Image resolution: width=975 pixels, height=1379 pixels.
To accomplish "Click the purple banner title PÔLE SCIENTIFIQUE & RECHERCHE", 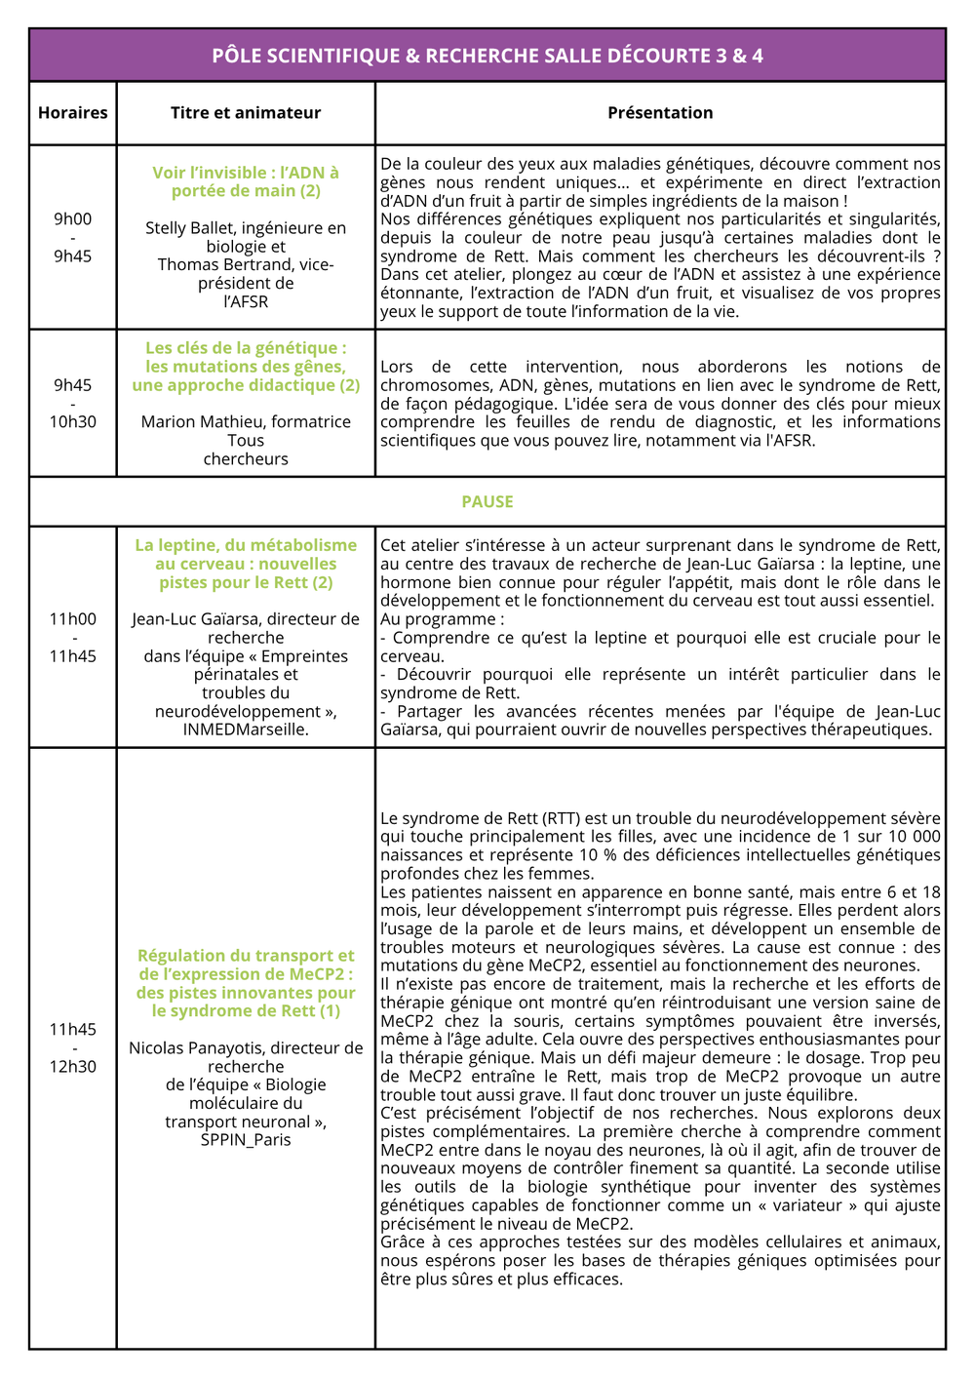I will pos(487,56).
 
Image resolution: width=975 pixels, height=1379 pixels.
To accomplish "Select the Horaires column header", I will pos(73,113).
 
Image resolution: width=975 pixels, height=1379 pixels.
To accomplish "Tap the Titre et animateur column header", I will pos(246,113).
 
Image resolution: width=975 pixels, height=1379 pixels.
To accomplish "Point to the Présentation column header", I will pos(660,113).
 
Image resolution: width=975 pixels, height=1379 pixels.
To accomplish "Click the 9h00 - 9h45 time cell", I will pos(73,237).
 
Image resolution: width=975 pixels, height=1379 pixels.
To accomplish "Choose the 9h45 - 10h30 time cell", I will pos(73,403).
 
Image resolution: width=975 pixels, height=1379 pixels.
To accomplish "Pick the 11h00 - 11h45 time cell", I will pos(73,637).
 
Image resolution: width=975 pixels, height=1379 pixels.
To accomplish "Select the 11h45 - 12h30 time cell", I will pos(73,1047).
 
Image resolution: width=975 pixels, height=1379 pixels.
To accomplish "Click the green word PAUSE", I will pos(487,501).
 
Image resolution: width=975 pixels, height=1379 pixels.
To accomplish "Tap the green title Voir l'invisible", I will pos(246,181).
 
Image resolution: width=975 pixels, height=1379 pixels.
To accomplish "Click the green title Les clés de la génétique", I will pos(246,367).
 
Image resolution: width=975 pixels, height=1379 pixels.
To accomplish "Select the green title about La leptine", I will pos(246,564).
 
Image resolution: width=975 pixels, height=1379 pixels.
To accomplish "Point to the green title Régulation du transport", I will pos(246,983).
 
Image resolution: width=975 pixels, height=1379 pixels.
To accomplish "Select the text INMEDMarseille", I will pos(246,729).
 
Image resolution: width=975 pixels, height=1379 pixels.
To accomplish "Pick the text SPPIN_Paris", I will pos(246,1140).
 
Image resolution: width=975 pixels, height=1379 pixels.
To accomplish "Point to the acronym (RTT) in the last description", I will pos(561,818).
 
